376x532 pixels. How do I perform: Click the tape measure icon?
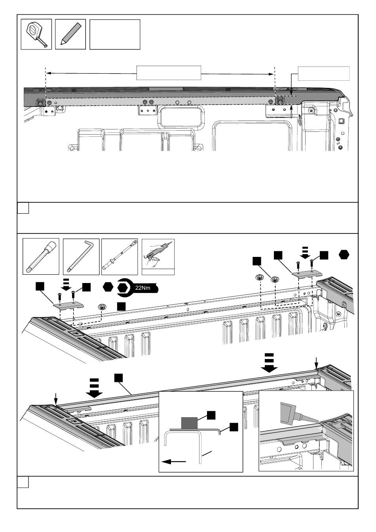click(x=36, y=34)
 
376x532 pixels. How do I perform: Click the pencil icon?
click(x=70, y=34)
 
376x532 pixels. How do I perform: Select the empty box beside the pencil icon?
click(x=115, y=34)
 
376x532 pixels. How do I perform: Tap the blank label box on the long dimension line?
click(x=169, y=73)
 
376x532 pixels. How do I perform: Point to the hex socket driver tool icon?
click(x=41, y=256)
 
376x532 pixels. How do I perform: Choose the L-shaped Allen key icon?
click(x=81, y=256)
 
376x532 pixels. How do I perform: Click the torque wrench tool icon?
click(x=120, y=256)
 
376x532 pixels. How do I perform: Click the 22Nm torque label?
click(x=143, y=288)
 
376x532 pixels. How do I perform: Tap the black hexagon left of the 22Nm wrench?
click(x=108, y=287)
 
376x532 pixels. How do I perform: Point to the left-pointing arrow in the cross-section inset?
click(x=173, y=461)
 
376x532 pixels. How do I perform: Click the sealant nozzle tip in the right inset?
click(x=315, y=420)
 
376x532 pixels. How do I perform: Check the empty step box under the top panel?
click(x=23, y=208)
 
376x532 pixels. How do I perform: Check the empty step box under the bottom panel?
click(x=23, y=482)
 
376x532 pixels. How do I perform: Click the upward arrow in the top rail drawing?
click(x=291, y=111)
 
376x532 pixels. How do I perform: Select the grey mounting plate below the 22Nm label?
click(x=68, y=305)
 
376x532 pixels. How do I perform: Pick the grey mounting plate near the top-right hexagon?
click(x=306, y=273)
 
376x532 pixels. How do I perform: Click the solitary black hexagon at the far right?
click(x=344, y=255)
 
